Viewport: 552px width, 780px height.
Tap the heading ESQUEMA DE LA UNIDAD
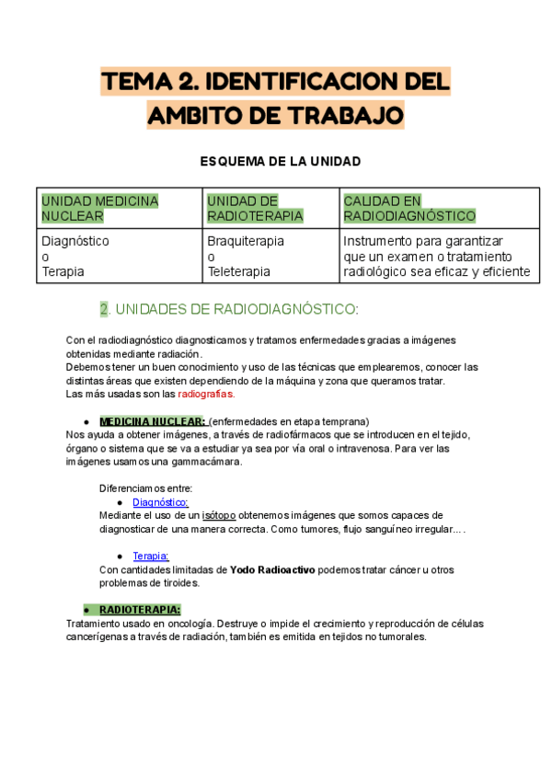click(280, 162)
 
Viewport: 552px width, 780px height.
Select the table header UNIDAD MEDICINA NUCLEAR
click(99, 209)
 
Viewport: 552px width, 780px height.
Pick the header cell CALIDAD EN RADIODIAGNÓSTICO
click(409, 209)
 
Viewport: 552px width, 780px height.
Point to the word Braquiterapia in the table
click(246, 241)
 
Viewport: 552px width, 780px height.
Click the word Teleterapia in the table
click(238, 272)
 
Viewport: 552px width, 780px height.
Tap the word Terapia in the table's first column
click(63, 272)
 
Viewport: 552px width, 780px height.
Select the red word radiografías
click(206, 395)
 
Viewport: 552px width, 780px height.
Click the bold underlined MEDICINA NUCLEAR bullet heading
click(153, 421)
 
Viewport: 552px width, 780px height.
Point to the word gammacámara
click(207, 462)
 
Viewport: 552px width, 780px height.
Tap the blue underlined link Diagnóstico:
click(160, 502)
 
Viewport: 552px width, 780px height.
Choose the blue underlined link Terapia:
click(151, 556)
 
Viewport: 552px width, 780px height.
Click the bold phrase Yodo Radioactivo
click(272, 570)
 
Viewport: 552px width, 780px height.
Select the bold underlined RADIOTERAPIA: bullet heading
click(140, 610)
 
